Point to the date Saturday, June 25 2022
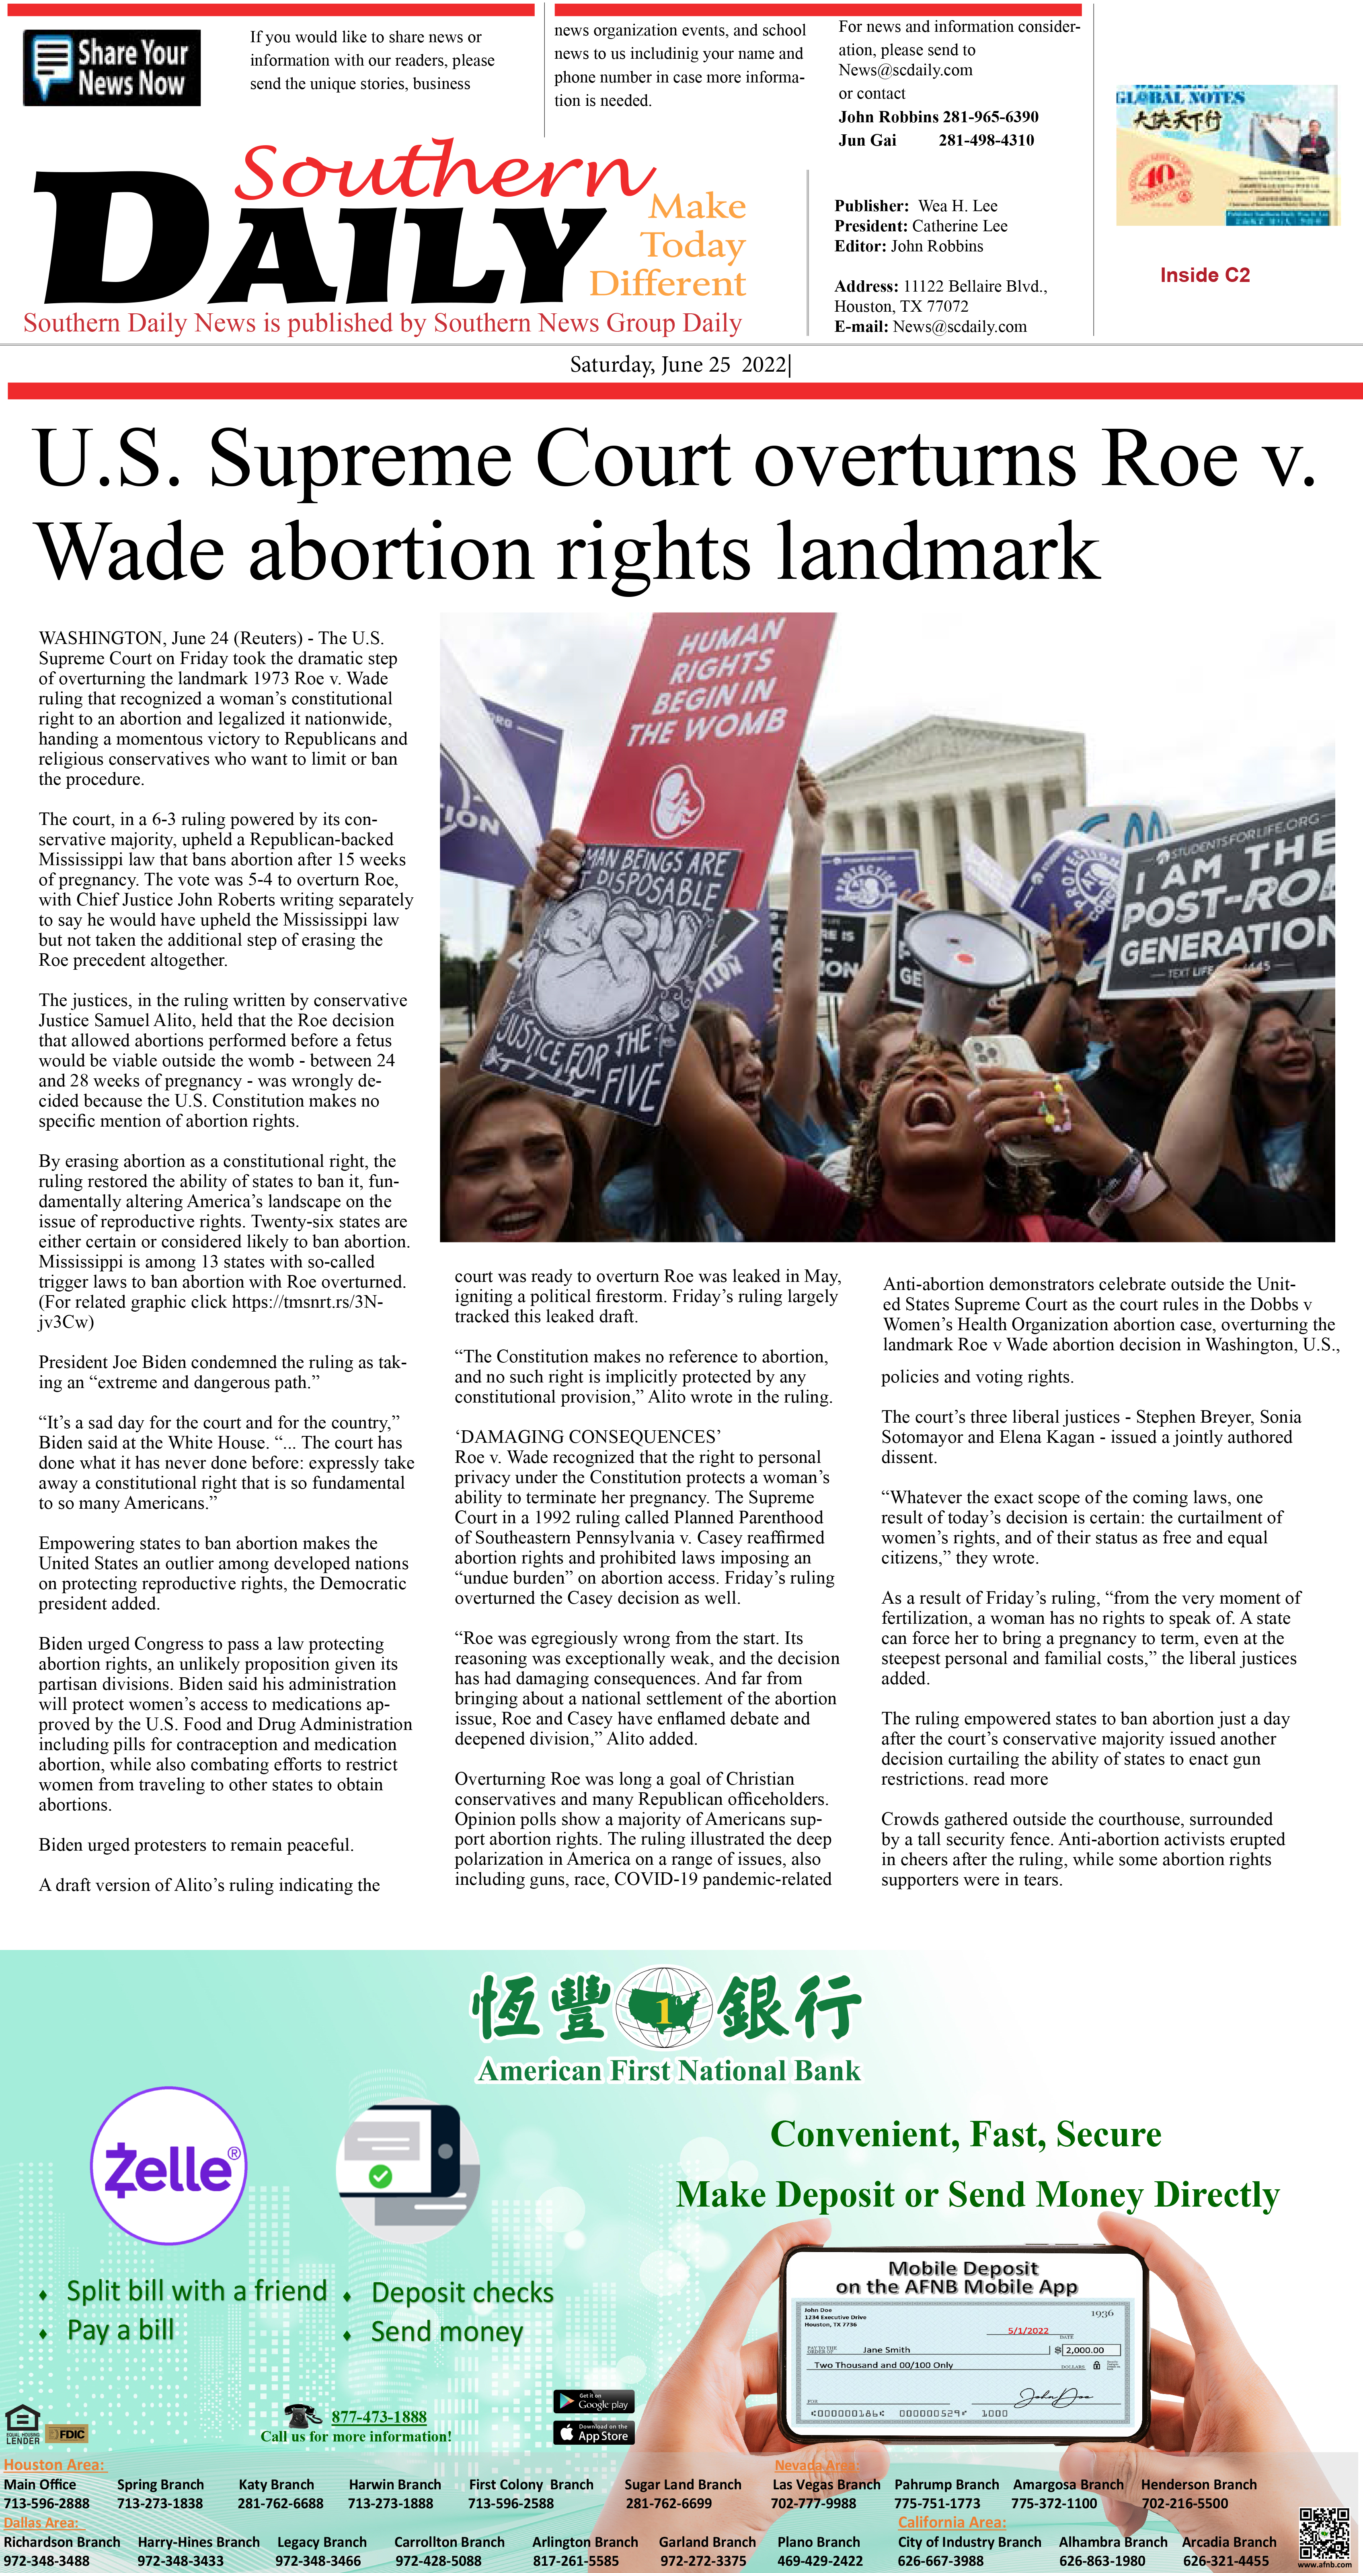(x=679, y=364)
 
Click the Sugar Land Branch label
(x=683, y=2484)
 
